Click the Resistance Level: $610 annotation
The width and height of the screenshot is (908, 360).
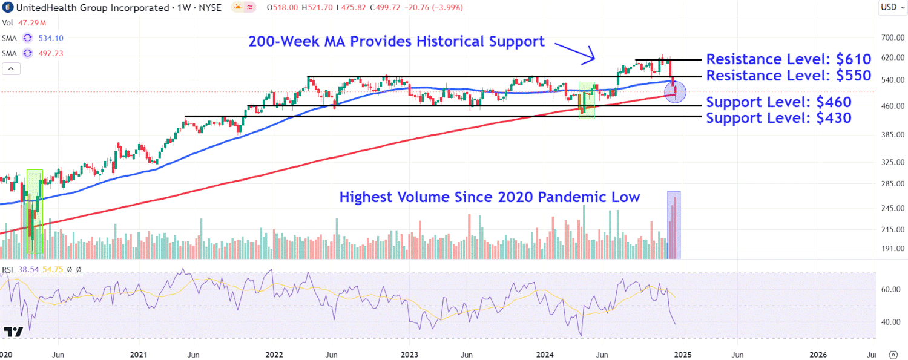(x=788, y=59)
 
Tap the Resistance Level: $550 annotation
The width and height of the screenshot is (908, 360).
(x=788, y=76)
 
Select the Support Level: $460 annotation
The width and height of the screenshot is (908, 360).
(x=778, y=102)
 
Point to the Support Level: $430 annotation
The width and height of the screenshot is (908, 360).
(x=778, y=117)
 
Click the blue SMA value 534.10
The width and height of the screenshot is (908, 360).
(x=51, y=38)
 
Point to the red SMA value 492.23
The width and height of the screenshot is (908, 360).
(x=51, y=53)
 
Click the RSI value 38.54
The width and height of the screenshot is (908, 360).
(x=28, y=269)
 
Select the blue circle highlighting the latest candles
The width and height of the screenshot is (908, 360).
(x=675, y=93)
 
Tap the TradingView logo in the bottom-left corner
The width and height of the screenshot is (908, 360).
(x=13, y=332)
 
